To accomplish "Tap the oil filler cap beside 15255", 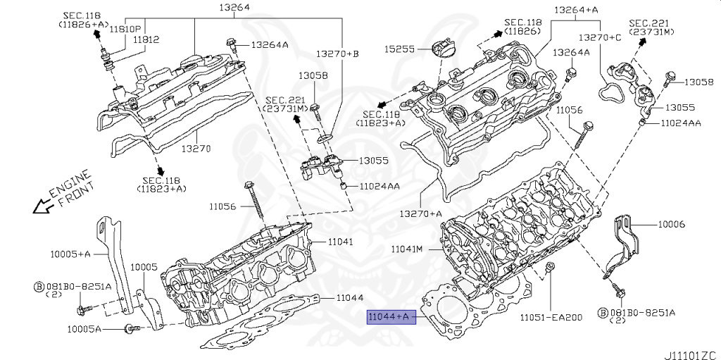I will (441, 51).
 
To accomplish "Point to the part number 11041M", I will (407, 249).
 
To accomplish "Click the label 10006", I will (672, 224).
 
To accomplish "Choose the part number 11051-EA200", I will (551, 317).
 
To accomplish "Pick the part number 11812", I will (147, 41).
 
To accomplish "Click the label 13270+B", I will (337, 54).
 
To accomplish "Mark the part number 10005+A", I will (70, 253).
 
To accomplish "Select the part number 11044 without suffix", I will (349, 298).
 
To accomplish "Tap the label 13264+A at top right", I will (575, 10).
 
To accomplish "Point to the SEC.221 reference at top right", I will (651, 27).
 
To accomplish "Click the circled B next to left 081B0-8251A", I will (39, 287).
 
